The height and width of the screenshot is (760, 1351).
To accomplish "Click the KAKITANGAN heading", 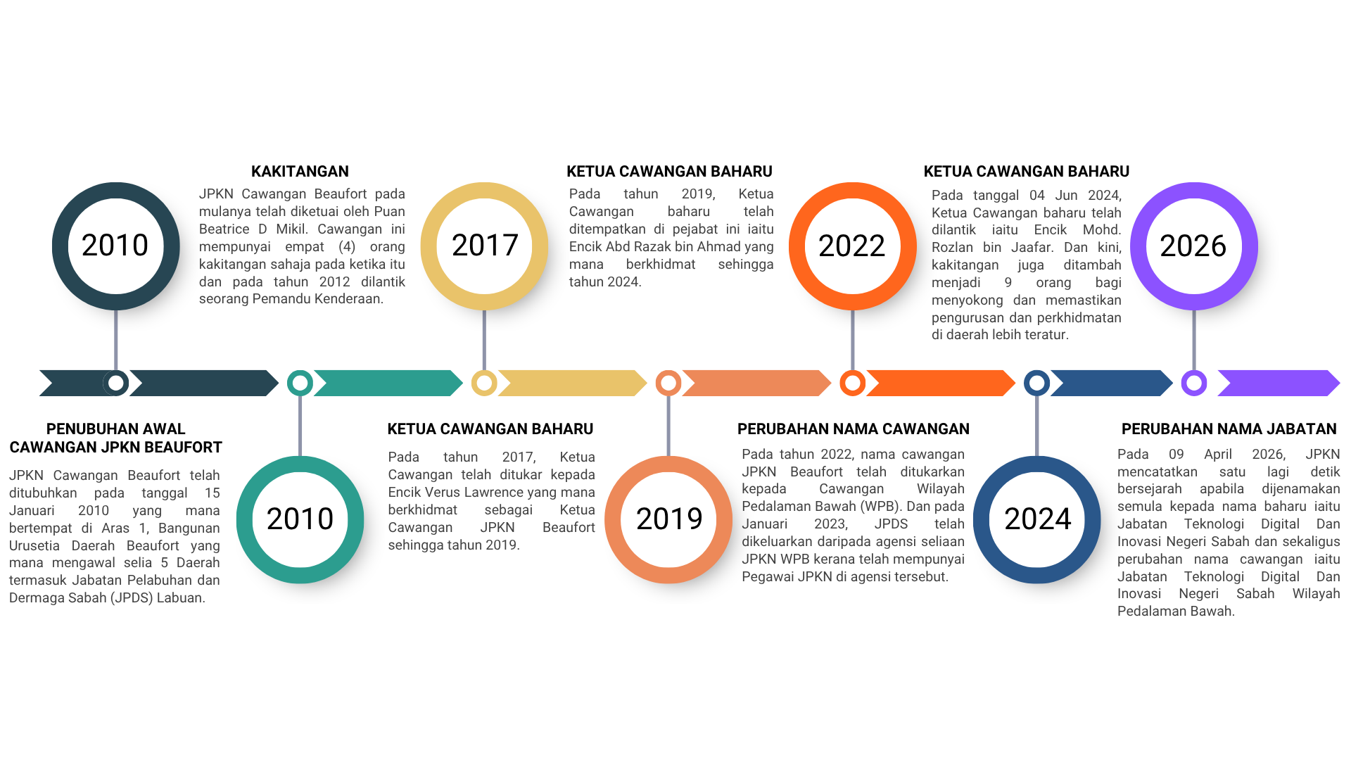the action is point(300,172).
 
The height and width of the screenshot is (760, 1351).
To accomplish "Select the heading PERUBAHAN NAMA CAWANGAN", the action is point(854,429).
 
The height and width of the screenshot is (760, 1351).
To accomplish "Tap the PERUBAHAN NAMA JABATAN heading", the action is point(1229,429).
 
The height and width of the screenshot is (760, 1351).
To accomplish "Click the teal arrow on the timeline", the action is point(388,383).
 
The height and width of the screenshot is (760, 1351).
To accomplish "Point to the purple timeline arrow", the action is point(1279,383).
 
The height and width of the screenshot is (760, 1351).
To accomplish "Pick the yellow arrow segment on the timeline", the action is point(572,383).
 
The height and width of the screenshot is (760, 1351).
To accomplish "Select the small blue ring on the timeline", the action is point(1036,383).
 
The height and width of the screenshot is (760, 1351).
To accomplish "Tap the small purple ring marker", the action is point(1194,383).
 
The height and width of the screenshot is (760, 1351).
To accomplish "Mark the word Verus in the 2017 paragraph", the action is point(443,492).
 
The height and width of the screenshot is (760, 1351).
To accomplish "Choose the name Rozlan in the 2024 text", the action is point(953,247).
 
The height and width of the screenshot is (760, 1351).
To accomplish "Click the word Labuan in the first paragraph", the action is point(182,597).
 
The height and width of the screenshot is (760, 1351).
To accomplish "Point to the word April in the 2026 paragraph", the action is point(1218,454).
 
